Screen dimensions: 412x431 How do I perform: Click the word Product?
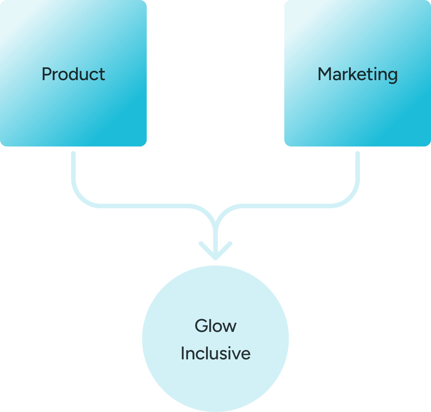(x=73, y=74)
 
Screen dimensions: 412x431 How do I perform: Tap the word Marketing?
(x=358, y=74)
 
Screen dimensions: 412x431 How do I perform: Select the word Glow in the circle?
(x=215, y=326)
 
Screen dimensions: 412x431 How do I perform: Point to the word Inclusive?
(x=215, y=353)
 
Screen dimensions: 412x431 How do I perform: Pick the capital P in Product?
(x=46, y=74)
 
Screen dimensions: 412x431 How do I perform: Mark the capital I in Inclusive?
(x=182, y=353)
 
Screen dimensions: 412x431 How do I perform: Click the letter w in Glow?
(x=230, y=327)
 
